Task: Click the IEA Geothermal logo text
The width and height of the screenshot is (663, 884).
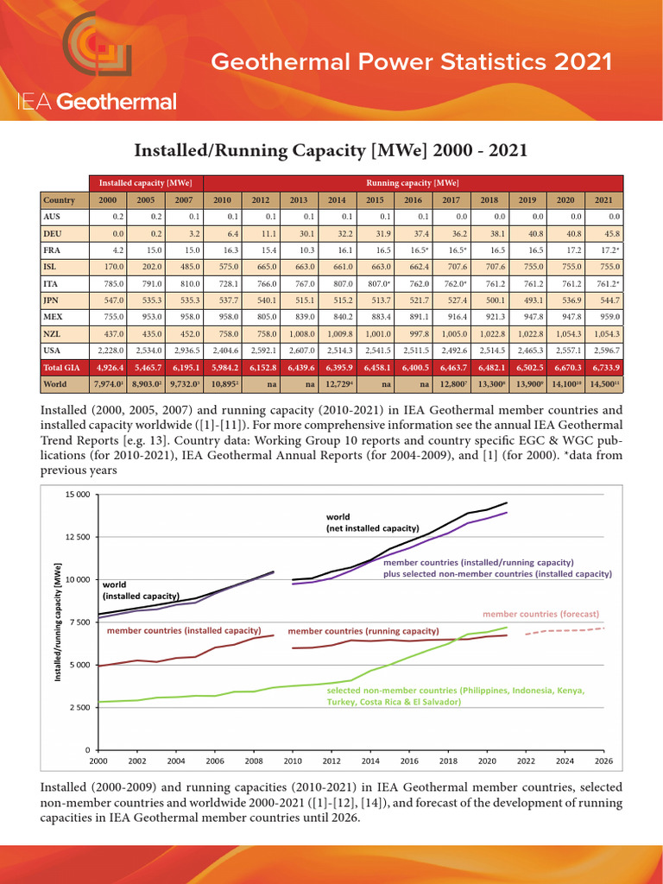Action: click(x=97, y=102)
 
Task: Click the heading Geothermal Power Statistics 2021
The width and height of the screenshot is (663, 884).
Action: click(x=412, y=62)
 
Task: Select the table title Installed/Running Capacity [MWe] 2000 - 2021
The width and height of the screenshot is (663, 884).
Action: click(x=331, y=150)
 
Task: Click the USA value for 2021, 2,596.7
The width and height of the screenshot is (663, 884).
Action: click(x=603, y=350)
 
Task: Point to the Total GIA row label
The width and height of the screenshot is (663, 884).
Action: click(x=61, y=367)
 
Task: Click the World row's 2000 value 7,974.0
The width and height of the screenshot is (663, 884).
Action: click(x=108, y=383)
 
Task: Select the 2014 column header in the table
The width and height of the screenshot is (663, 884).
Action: click(x=337, y=199)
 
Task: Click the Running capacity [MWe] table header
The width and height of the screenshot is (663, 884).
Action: click(x=413, y=183)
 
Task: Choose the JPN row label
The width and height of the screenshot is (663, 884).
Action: click(x=53, y=300)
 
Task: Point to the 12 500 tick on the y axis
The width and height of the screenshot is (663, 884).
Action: click(x=76, y=537)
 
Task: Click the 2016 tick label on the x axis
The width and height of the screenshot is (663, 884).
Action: click(x=410, y=761)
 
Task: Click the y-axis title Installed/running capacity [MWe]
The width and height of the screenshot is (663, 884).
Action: click(x=58, y=621)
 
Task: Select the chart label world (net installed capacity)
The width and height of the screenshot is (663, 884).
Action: click(x=372, y=522)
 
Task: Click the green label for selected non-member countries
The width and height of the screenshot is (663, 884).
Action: click(x=455, y=697)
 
